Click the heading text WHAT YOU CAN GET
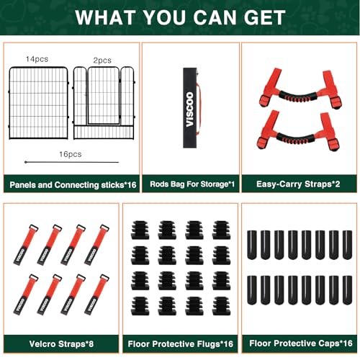tap(180, 17)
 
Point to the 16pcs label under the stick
tap(70, 154)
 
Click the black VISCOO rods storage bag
tap(190, 109)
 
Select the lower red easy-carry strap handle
tap(298, 130)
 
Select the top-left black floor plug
tap(140, 230)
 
